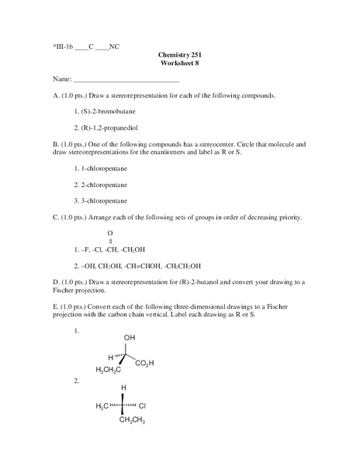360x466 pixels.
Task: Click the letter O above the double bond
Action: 110,233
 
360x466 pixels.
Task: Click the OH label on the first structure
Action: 129,338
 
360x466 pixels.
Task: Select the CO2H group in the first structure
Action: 144,363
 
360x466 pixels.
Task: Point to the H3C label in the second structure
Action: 102,406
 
